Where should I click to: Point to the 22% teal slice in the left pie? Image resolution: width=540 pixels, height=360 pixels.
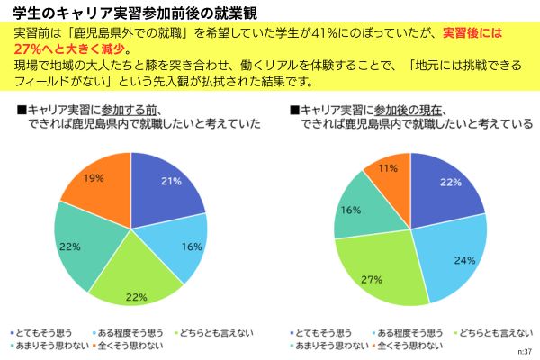79,243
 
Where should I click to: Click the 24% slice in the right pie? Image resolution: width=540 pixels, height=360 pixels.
450,261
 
